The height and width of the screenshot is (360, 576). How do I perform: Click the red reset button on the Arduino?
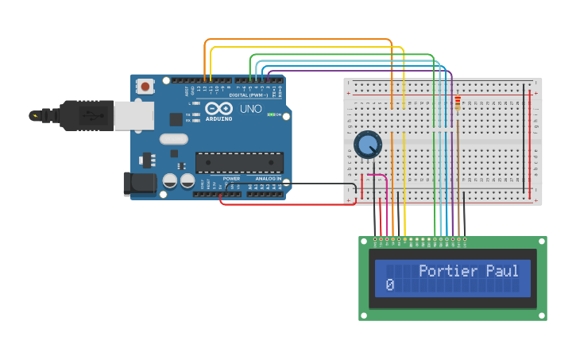click(146, 86)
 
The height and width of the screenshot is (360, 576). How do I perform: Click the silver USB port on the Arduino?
click(133, 116)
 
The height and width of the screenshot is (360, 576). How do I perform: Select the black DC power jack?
click(140, 184)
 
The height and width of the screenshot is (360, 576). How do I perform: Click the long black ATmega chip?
click(239, 162)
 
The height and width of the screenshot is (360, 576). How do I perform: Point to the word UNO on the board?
click(250, 108)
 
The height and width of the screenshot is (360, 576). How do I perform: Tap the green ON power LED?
click(272, 115)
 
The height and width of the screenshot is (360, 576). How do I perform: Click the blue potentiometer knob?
click(368, 145)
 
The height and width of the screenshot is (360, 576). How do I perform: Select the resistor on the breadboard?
click(458, 103)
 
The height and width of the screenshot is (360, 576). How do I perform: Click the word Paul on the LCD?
click(502, 271)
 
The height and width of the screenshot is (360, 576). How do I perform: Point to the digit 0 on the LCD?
click(389, 285)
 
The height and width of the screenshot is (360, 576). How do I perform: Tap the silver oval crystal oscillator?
click(173, 139)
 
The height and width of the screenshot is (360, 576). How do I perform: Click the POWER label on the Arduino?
click(231, 179)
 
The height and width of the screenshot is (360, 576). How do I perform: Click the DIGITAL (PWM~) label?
click(249, 95)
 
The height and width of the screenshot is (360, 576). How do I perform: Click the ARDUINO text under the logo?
click(218, 118)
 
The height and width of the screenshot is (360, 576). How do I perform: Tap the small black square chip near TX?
click(176, 119)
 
